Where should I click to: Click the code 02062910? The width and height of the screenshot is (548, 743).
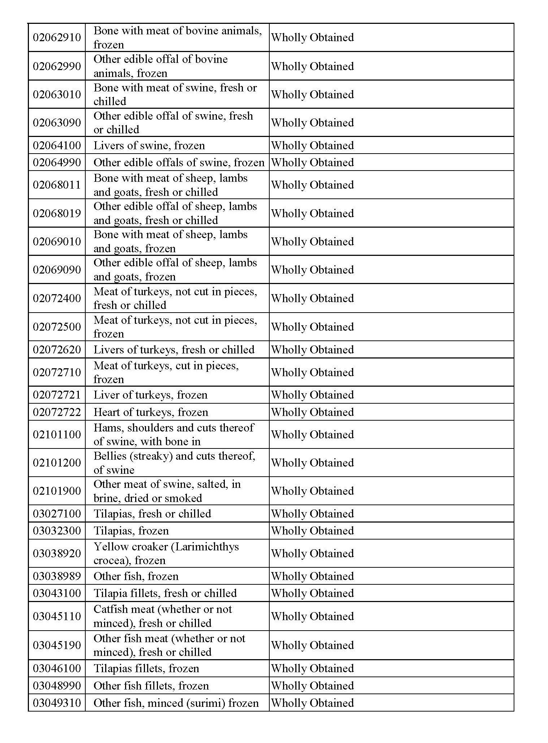pyautogui.click(x=57, y=38)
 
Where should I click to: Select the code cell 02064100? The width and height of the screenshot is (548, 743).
pyautogui.click(x=57, y=145)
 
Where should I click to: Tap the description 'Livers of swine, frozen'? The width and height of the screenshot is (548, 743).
pyautogui.click(x=149, y=145)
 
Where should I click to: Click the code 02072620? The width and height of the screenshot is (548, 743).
pyautogui.click(x=57, y=349)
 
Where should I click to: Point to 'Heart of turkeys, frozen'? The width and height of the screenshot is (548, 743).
pyautogui.click(x=151, y=412)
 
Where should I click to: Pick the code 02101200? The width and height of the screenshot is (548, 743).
pyautogui.click(x=57, y=463)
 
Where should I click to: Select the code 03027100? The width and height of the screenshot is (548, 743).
pyautogui.click(x=57, y=514)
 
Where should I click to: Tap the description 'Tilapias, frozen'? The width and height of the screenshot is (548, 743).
pyautogui.click(x=131, y=531)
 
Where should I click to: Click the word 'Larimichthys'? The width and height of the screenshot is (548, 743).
pyautogui.click(x=205, y=546)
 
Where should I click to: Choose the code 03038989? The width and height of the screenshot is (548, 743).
pyautogui.click(x=57, y=576)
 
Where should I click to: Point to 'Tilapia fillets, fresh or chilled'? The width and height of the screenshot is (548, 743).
pyautogui.click(x=165, y=593)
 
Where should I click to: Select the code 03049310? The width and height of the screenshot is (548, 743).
pyautogui.click(x=57, y=703)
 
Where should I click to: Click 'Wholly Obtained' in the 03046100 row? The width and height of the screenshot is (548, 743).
pyautogui.click(x=312, y=668)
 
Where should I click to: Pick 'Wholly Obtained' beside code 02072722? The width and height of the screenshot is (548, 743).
pyautogui.click(x=312, y=412)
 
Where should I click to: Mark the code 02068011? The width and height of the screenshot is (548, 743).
pyautogui.click(x=57, y=185)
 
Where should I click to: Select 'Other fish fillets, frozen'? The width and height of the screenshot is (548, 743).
pyautogui.click(x=151, y=686)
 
